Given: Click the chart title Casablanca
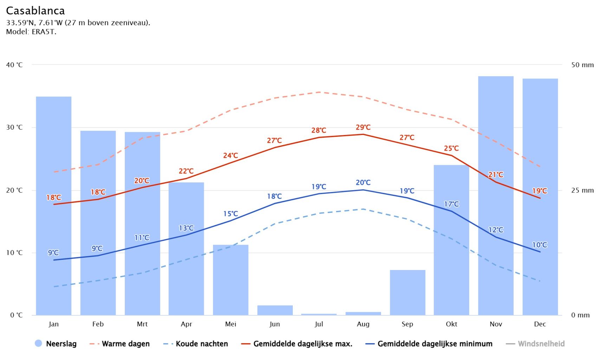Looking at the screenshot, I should point(36,11).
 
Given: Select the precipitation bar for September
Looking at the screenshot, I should point(407,292).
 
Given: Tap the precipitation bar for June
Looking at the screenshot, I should point(275,310).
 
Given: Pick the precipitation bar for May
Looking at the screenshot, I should point(231,280).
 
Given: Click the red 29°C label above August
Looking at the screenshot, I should point(363,127).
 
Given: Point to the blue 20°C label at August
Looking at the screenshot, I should point(363,182).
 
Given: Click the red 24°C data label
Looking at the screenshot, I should point(231,155).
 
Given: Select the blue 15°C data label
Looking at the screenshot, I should point(231,214).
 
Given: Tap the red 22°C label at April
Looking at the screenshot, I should point(186,171).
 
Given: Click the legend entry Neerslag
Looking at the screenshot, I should point(61,344).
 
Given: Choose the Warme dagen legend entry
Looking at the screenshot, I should point(125,344).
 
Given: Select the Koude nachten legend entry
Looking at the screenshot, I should point(201,344).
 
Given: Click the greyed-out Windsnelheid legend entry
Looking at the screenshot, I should point(541,344).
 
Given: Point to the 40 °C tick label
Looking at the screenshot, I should point(14,65).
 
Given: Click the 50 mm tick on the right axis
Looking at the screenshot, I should point(582,65).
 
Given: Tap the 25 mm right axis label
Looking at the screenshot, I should point(582,191).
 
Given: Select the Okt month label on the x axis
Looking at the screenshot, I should point(452,324).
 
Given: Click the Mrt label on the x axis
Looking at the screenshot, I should point(142,324).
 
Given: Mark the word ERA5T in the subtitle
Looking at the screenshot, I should point(44,32).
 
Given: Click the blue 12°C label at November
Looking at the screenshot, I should point(496,230).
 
